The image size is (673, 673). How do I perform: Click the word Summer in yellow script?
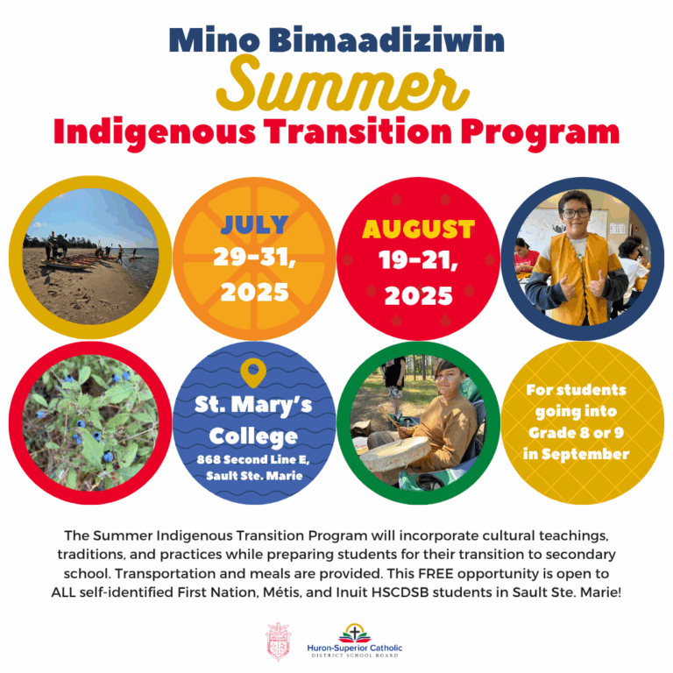(x=342, y=85)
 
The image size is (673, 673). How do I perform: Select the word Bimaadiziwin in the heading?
(x=387, y=39)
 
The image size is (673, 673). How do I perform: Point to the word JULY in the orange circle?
(x=254, y=224)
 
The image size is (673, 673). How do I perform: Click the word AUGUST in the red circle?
(x=419, y=230)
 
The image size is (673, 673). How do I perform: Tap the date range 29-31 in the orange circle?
(x=254, y=258)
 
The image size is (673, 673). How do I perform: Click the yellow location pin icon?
(x=253, y=372)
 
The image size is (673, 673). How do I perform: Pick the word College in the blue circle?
(x=253, y=437)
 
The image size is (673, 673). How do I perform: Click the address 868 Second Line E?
(x=253, y=460)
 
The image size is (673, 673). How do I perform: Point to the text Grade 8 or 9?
(x=576, y=433)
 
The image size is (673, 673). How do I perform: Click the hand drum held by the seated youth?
(x=395, y=455)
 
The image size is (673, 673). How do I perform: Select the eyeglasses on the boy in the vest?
(x=576, y=213)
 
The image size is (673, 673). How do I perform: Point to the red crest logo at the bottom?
(x=278, y=641)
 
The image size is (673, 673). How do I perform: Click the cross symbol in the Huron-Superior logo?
(x=355, y=632)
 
